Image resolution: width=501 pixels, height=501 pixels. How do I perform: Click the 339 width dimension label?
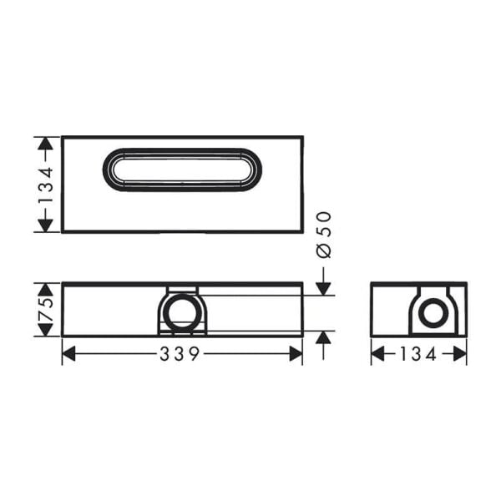pyautogui.click(x=180, y=354)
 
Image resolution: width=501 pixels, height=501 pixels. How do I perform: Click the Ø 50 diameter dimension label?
pyautogui.click(x=325, y=234)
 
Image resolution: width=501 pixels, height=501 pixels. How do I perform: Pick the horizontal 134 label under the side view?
pyautogui.click(x=418, y=354)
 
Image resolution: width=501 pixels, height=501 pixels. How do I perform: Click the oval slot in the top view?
pyautogui.click(x=182, y=170)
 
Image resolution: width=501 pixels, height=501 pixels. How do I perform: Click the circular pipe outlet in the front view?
pyautogui.click(x=181, y=313)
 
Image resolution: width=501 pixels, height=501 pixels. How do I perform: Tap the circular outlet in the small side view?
pyautogui.click(x=432, y=314)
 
